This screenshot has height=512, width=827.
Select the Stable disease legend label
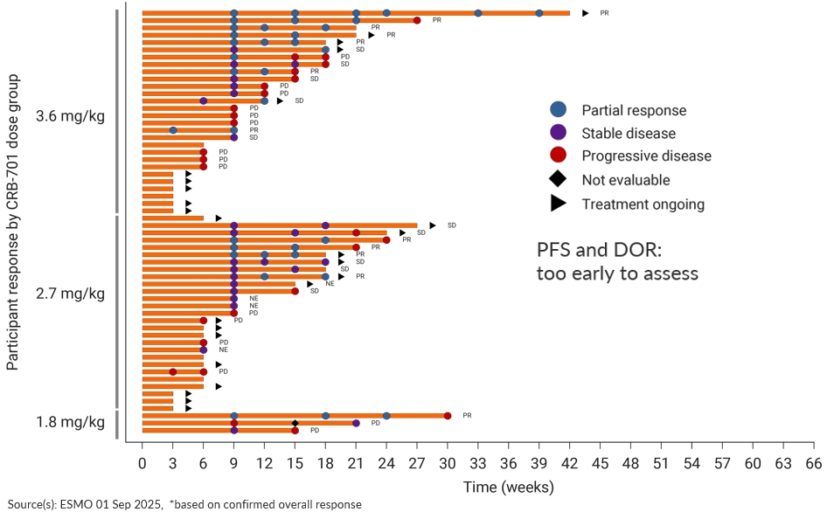[x=629, y=134]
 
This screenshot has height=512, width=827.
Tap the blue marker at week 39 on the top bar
[x=539, y=13]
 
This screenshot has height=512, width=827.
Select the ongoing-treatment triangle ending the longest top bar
[x=586, y=13]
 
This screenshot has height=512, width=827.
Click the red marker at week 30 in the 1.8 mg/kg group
[x=448, y=416]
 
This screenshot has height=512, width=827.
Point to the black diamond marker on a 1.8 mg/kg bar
[x=295, y=424]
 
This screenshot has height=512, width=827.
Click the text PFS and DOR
[x=599, y=251]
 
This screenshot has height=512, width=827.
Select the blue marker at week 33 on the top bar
[x=478, y=13]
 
